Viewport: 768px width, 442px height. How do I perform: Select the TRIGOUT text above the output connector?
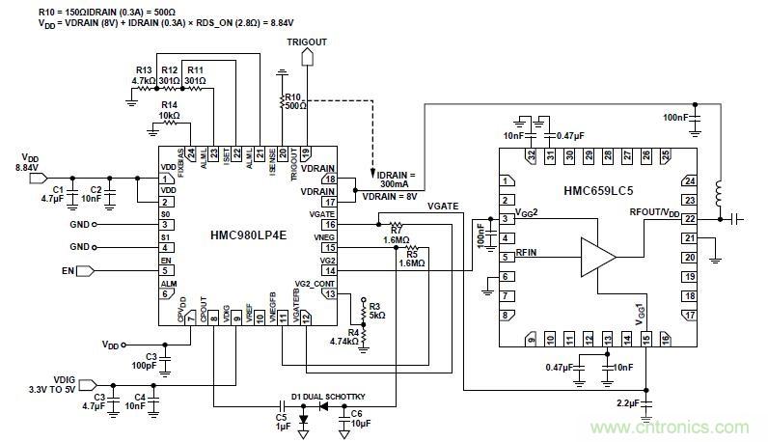point(308,43)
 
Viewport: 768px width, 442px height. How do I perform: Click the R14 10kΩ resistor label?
point(170,109)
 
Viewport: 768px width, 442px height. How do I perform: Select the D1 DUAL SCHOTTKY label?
point(330,397)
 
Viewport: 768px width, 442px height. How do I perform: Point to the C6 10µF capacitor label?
point(357,420)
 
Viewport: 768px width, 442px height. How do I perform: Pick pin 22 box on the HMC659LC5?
point(689,219)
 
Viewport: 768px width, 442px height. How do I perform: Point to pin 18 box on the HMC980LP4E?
point(330,180)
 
